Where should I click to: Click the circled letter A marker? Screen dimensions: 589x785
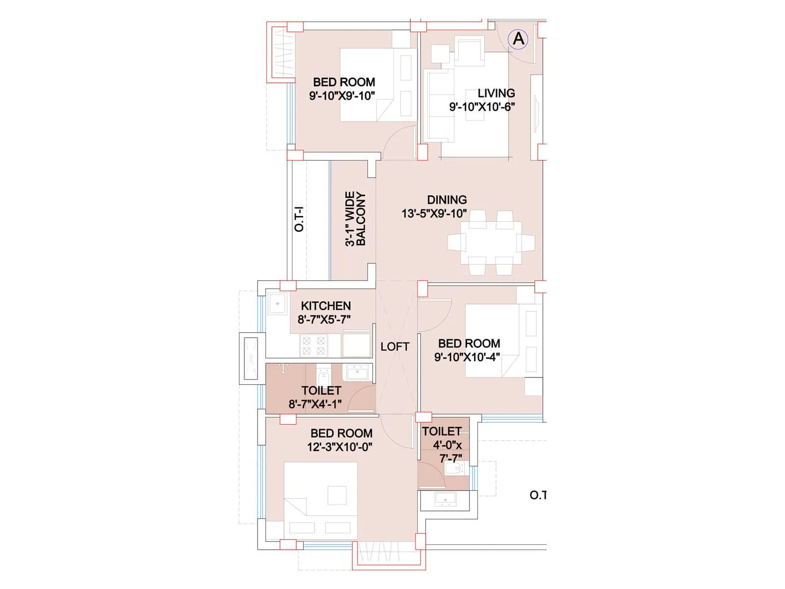click(x=518, y=38)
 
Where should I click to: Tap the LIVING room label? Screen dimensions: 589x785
click(x=496, y=93)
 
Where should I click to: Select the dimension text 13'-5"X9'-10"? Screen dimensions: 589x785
click(x=434, y=214)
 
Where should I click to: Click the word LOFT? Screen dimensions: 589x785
click(x=394, y=347)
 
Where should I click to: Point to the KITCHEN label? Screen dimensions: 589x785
click(x=326, y=306)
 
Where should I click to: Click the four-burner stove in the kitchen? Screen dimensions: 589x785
click(x=314, y=345)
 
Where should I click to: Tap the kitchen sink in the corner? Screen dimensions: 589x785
click(x=278, y=304)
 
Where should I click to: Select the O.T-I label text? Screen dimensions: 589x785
click(x=299, y=219)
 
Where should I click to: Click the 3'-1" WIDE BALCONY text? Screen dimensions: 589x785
click(x=355, y=219)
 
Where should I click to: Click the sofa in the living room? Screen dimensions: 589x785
click(x=438, y=106)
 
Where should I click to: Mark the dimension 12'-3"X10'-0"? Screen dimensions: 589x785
click(x=340, y=447)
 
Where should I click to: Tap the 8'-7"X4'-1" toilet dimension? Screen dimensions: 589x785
click(x=315, y=404)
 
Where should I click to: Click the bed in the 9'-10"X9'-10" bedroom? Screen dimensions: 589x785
click(x=373, y=84)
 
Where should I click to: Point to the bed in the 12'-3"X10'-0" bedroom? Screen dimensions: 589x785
click(x=321, y=496)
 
